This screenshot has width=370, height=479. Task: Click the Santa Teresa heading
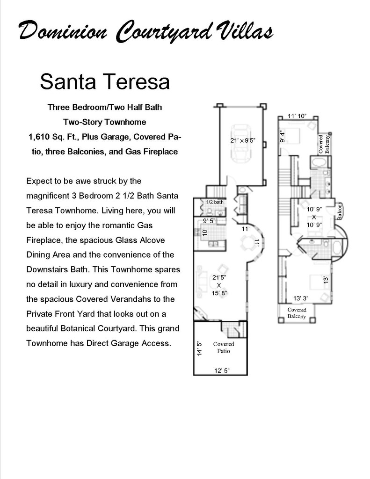click(x=104, y=81)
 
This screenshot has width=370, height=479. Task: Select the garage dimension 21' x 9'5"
click(x=243, y=140)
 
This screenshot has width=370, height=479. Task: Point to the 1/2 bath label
click(x=215, y=202)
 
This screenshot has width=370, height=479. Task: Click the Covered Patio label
click(x=224, y=348)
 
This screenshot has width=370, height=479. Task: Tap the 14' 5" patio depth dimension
click(x=199, y=348)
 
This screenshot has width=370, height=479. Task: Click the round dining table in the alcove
click(x=247, y=243)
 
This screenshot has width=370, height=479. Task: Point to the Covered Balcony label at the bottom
click(x=297, y=313)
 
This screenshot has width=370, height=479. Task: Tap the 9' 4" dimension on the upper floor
click(x=282, y=136)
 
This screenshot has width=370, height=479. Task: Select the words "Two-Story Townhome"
click(x=105, y=122)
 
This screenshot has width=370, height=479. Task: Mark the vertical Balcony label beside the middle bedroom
click(x=341, y=211)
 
